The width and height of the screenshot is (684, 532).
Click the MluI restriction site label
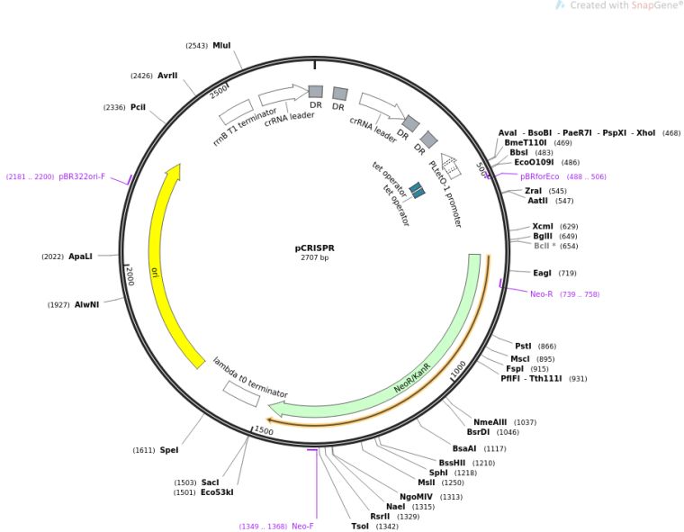tap(221, 45)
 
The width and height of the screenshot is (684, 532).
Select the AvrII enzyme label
tap(167, 76)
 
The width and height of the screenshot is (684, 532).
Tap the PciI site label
tap(138, 107)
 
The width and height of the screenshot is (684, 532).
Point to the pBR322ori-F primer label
tap(82, 176)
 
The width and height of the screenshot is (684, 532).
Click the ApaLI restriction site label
tap(80, 257)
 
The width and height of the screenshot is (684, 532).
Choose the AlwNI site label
tap(86, 304)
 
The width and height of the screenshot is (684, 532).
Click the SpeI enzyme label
tap(169, 450)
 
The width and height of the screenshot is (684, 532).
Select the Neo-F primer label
tap(302, 526)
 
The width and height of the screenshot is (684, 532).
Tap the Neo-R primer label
tap(542, 294)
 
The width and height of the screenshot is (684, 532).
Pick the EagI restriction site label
tap(542, 273)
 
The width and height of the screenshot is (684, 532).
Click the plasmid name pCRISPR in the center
tap(314, 248)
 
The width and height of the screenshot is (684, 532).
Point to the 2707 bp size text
tap(314, 258)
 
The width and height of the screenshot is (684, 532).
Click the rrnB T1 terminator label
tap(245, 127)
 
